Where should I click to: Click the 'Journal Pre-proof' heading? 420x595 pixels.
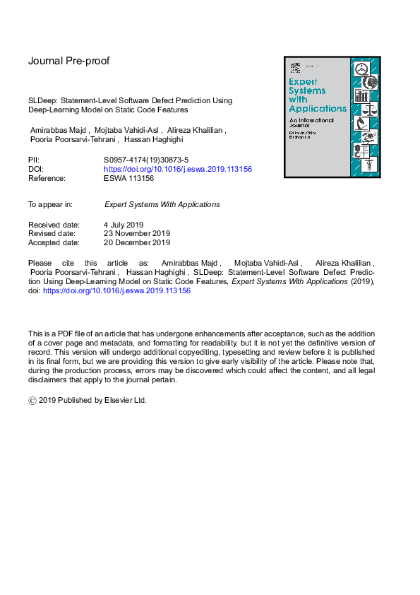68,61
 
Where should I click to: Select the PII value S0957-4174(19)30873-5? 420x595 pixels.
146,160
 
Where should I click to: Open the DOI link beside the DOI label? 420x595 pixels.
178,170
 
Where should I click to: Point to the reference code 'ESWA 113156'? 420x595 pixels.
128,179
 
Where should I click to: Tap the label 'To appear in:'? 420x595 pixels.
50,204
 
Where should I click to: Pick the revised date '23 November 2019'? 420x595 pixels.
137,234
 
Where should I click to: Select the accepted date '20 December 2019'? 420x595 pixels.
137,243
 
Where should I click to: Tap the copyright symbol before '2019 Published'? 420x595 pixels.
32,401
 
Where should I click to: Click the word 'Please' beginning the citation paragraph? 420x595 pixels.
40,262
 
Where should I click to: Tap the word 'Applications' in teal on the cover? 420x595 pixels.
318,109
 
